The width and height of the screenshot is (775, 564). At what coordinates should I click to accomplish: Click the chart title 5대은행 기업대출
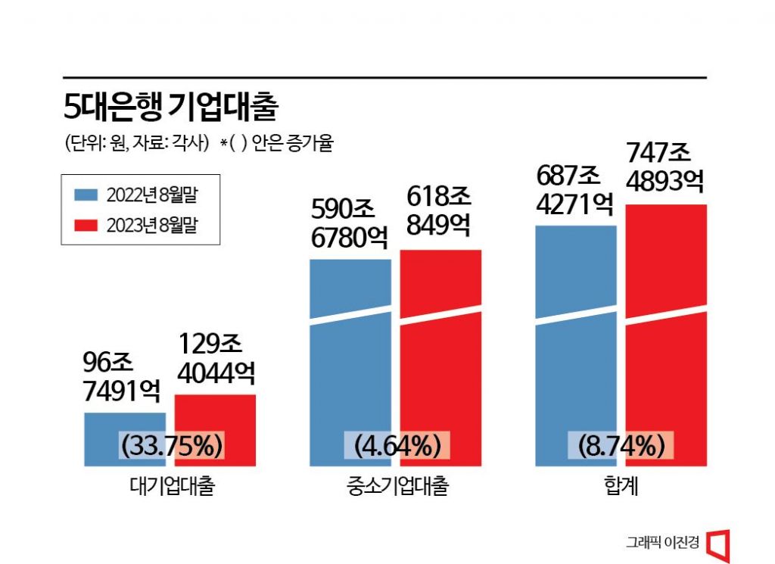[171, 108]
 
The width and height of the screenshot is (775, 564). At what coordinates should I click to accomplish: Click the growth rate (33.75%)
[171, 446]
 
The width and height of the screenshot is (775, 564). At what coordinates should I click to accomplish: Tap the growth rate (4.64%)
[395, 446]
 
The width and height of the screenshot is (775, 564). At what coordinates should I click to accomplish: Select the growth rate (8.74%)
[621, 446]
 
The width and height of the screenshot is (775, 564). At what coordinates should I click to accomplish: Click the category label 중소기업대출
[396, 486]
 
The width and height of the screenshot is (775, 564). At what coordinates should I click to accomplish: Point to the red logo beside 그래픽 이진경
[718, 543]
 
